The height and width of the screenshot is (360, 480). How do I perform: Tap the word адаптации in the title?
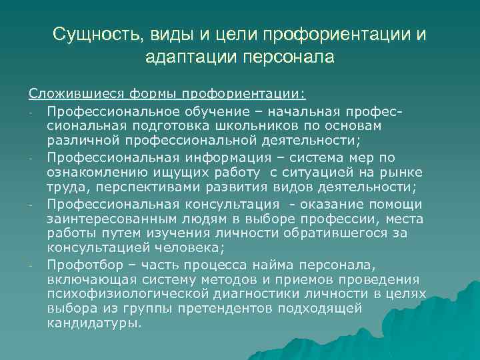(182, 57)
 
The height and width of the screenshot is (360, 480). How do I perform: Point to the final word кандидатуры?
(93, 323)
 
